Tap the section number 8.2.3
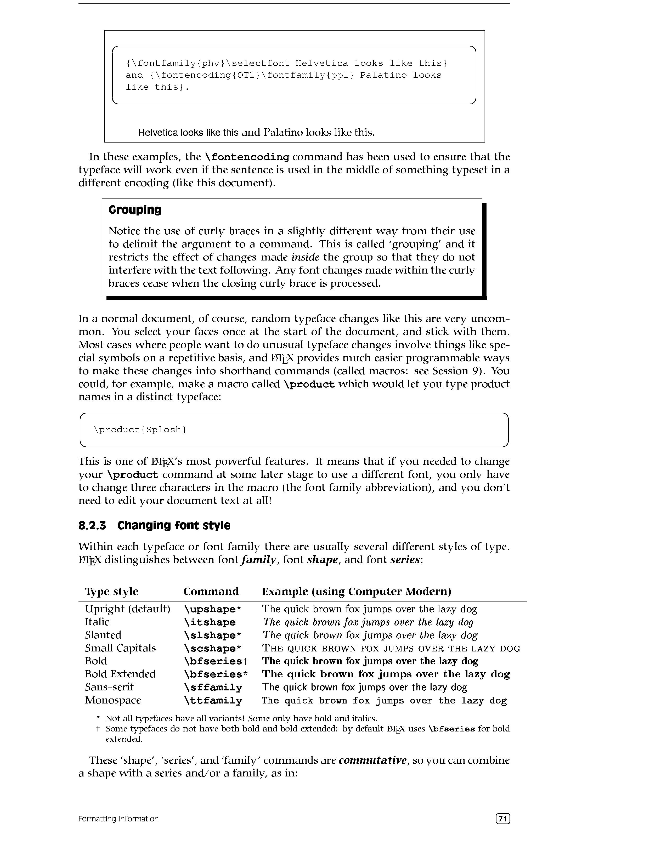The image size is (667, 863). (x=92, y=526)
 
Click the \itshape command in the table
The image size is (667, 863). (x=210, y=622)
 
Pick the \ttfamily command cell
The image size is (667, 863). (x=213, y=701)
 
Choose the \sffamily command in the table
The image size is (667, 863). (x=213, y=688)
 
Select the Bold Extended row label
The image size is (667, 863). (x=120, y=674)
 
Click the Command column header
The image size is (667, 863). (x=211, y=592)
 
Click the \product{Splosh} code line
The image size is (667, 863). (x=140, y=429)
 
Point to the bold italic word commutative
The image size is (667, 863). (x=372, y=760)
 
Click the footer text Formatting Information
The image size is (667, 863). (x=118, y=819)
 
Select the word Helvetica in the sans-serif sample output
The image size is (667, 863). (x=158, y=132)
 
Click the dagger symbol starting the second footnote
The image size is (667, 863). (x=98, y=729)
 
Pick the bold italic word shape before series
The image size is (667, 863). (x=323, y=560)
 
